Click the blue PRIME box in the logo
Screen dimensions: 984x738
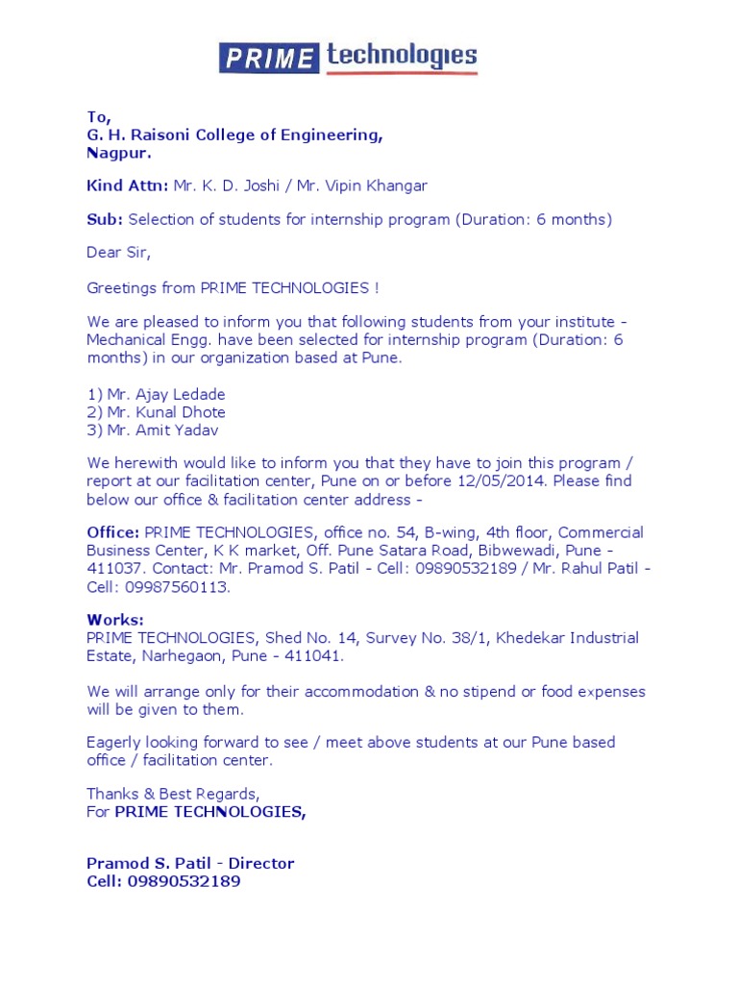[268, 59]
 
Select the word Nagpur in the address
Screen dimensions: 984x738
[117, 152]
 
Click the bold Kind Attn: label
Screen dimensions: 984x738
[128, 185]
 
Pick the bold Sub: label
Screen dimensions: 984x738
[105, 219]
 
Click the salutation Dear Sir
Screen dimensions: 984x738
[119, 254]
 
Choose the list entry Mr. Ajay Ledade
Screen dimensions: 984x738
[156, 395]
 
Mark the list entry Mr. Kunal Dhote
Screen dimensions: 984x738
[156, 412]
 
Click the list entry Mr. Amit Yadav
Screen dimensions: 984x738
[153, 430]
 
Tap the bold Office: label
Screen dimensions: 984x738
[113, 532]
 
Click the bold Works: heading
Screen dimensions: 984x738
[114, 620]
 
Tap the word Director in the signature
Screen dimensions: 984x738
[260, 863]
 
